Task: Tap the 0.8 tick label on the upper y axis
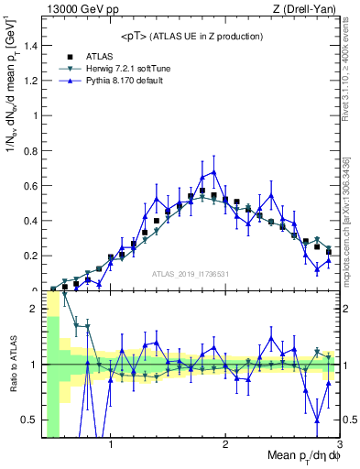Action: click(31, 150)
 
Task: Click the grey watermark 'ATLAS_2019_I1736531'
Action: click(191, 274)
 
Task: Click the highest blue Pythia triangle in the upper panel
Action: click(213, 171)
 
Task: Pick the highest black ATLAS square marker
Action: click(202, 191)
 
